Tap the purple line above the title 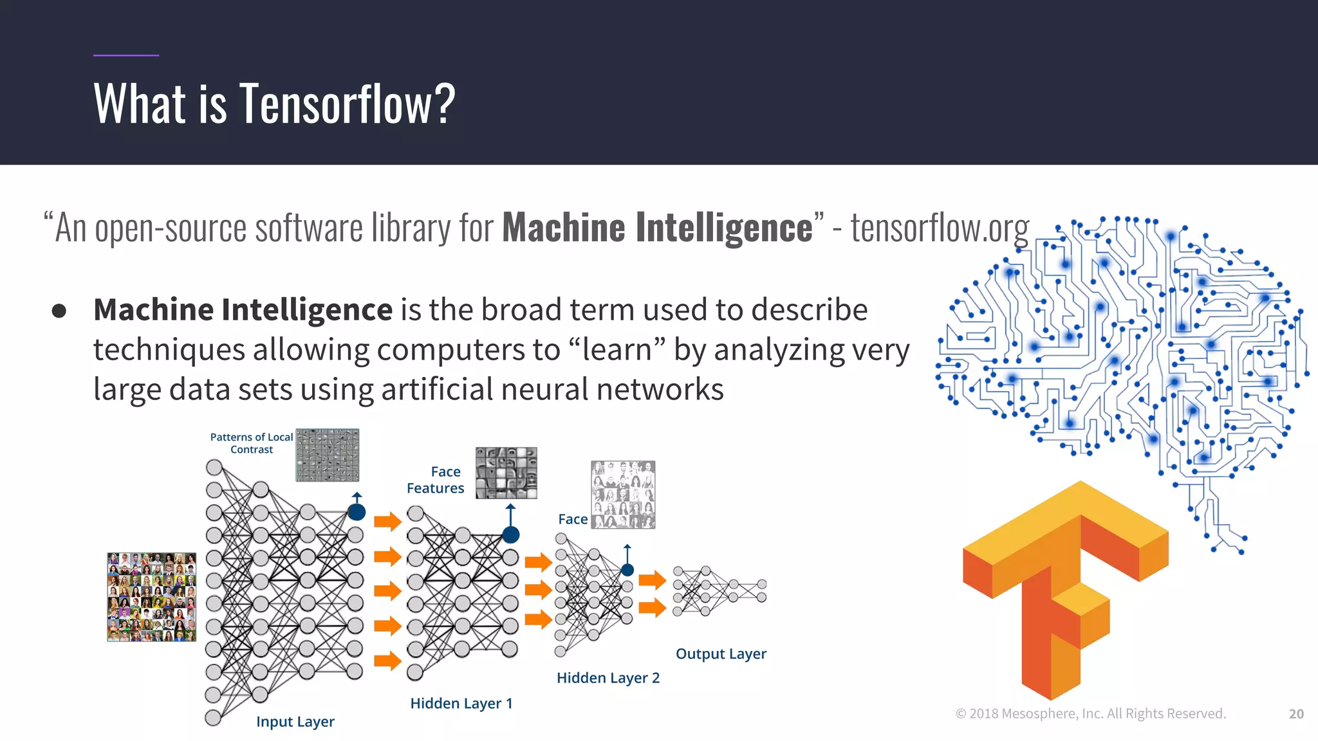coord(125,55)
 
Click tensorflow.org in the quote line coord(940,228)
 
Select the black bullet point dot coord(59,311)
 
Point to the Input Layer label coord(295,722)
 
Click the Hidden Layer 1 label coord(461,703)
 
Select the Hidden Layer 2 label coord(608,678)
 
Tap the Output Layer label coord(721,654)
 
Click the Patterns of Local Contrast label coord(252,443)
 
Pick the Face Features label coord(436,480)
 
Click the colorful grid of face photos coord(151,597)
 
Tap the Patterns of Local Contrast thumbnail coord(328,455)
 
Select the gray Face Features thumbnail coord(506,473)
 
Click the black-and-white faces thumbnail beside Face coord(623,494)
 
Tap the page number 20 coord(1296,714)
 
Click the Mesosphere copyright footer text coord(1091,713)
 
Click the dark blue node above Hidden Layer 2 coord(627,570)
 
